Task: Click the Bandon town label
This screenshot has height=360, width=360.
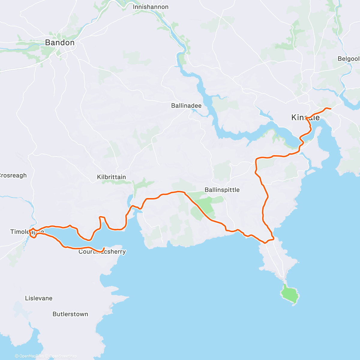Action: [x=60, y=43]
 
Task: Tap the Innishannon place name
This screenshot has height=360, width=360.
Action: [x=151, y=7]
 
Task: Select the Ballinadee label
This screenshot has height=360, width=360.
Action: [x=186, y=106]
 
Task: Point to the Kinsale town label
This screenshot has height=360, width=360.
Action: [x=305, y=117]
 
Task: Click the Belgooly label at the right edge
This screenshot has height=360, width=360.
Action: [x=349, y=59]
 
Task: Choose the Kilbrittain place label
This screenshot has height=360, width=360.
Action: [x=111, y=177]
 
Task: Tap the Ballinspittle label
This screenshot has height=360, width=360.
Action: [x=222, y=190]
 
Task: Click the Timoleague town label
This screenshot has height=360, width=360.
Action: [x=27, y=232]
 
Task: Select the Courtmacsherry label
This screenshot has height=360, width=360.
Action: [x=102, y=252]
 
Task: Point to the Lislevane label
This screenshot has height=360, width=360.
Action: [x=39, y=298]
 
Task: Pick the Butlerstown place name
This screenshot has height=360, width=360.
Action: [x=70, y=314]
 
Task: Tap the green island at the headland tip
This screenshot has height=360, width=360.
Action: [x=290, y=294]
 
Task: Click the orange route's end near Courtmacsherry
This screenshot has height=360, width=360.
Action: [x=103, y=248]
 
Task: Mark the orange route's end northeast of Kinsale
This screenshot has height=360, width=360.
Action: [x=330, y=109]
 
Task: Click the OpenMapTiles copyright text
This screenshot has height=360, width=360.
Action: [x=29, y=356]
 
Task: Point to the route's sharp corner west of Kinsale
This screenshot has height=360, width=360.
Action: [x=256, y=158]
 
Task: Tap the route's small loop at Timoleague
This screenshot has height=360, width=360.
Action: [x=33, y=234]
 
